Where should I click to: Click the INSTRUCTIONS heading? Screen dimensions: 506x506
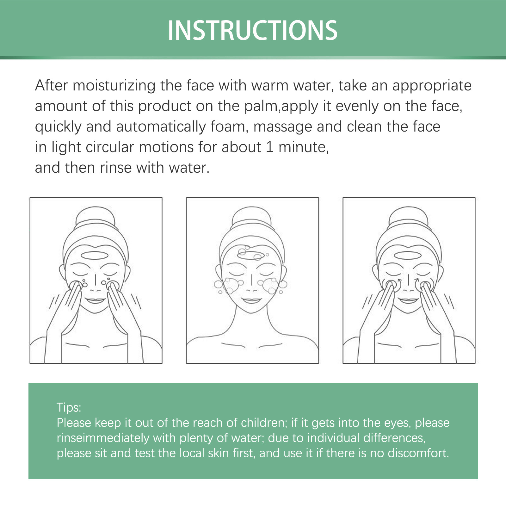tap(252, 30)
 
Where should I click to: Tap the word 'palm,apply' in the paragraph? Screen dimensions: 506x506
tap(281, 107)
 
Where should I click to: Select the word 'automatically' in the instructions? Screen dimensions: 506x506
tap(161, 127)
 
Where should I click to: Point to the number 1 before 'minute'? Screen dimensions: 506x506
tap(269, 147)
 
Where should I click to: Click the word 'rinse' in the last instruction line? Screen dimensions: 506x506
tap(115, 168)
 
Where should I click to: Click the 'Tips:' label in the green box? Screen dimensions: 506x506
tap(69, 407)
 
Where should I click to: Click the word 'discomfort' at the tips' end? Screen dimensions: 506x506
tap(418, 453)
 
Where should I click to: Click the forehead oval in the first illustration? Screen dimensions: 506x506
tap(95, 255)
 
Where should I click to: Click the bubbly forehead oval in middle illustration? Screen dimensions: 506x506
tap(251, 255)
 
